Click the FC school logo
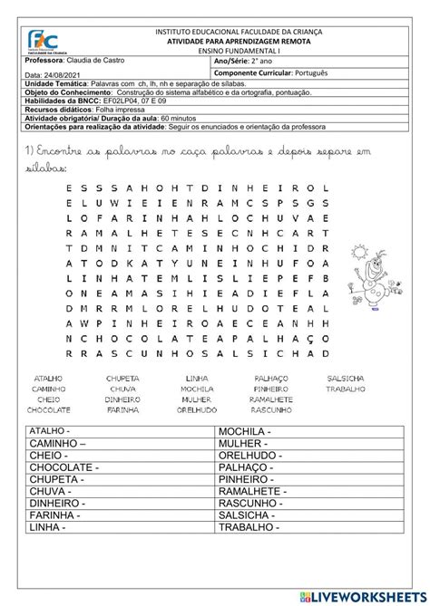43,42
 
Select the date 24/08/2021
51,75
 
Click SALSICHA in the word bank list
346,378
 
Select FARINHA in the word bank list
122,409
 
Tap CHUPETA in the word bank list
122,378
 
